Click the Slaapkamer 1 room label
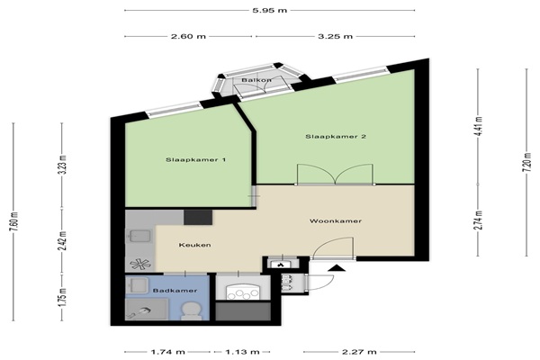click(x=195, y=160)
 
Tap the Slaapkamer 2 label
click(x=336, y=137)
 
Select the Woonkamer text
click(x=336, y=220)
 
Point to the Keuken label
click(x=194, y=245)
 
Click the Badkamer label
click(x=175, y=291)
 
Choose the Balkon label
click(x=256, y=80)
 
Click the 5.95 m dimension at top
click(x=270, y=10)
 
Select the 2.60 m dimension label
click(x=188, y=36)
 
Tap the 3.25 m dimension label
click(x=335, y=36)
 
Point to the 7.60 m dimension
click(x=13, y=222)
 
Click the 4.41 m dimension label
click(x=478, y=126)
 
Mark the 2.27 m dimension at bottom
click(x=359, y=352)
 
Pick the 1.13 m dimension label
click(x=242, y=352)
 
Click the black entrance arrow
click(x=337, y=268)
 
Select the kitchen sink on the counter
click(x=139, y=236)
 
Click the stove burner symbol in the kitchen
click(x=140, y=265)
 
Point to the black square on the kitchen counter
click(x=198, y=218)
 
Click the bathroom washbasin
click(x=137, y=285)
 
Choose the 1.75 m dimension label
click(x=62, y=298)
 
